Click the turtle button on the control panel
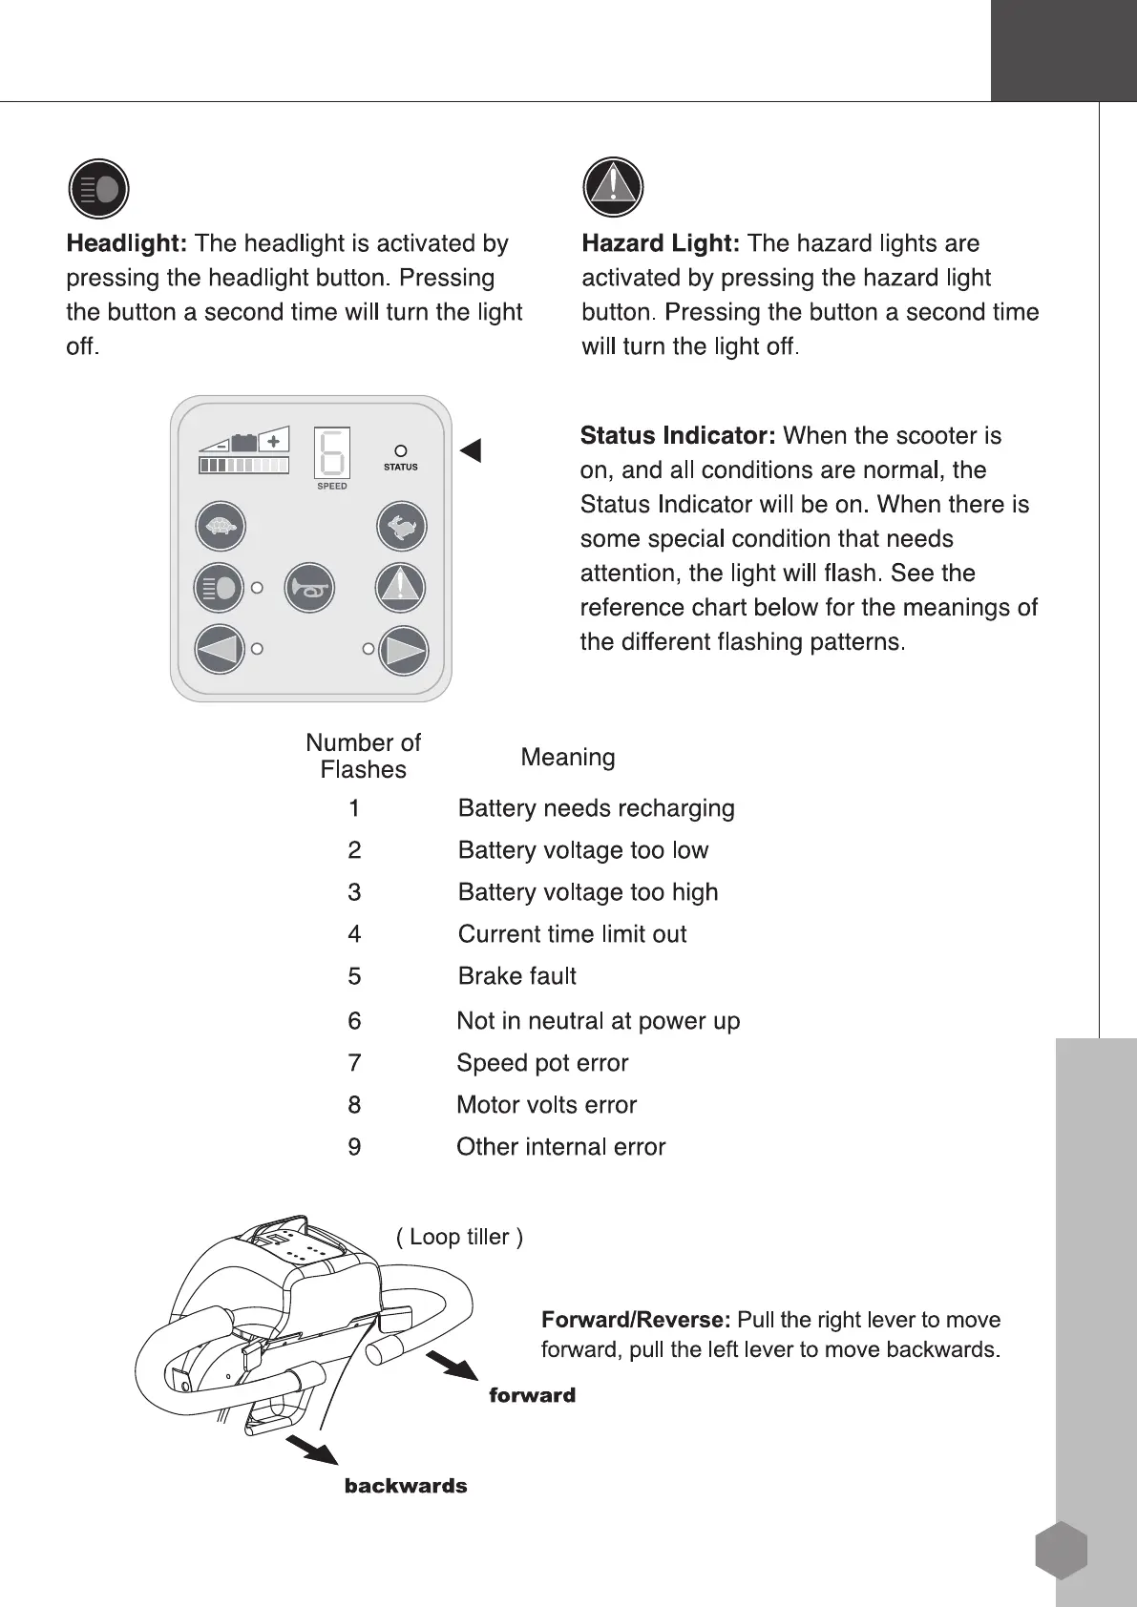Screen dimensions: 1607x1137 pyautogui.click(x=221, y=527)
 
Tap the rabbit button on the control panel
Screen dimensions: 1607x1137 pyautogui.click(x=401, y=527)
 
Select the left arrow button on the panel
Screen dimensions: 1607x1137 pyautogui.click(x=220, y=650)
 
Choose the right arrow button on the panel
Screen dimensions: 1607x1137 pyautogui.click(x=403, y=650)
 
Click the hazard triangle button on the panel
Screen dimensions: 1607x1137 pyautogui.click(x=400, y=588)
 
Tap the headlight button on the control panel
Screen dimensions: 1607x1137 pyautogui.click(x=220, y=588)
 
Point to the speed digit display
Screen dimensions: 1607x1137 pyautogui.click(x=331, y=452)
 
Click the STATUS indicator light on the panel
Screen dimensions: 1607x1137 pyautogui.click(x=401, y=450)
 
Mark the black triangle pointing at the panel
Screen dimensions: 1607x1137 pyautogui.click(x=471, y=450)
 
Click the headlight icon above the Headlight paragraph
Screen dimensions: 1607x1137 pyautogui.click(x=98, y=189)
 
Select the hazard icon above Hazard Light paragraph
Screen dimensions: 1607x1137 pyautogui.click(x=613, y=187)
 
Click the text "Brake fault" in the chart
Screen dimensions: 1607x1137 pyautogui.click(x=516, y=976)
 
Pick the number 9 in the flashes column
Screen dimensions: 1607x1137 pyautogui.click(x=354, y=1147)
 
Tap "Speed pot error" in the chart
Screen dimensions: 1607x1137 pyautogui.click(x=542, y=1063)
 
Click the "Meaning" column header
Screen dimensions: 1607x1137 pyautogui.click(x=568, y=758)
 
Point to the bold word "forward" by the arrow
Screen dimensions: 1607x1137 pyautogui.click(x=532, y=1395)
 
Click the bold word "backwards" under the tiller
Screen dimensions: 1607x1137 pyautogui.click(x=406, y=1486)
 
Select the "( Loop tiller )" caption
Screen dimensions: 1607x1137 pyautogui.click(x=459, y=1237)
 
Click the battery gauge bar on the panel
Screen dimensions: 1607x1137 pyautogui.click(x=243, y=466)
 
